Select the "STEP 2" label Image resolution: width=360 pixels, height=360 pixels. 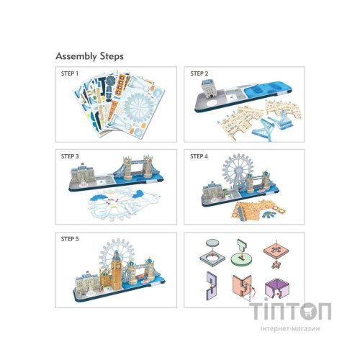(199, 73)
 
